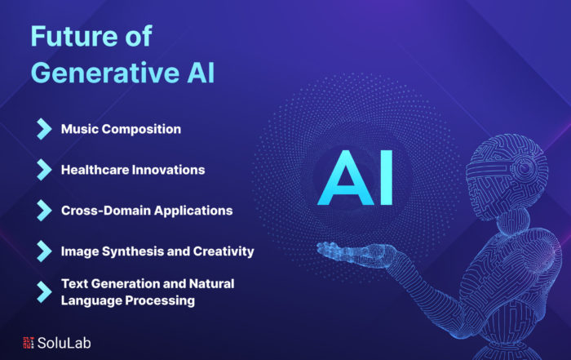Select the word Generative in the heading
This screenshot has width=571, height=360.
pos(105,73)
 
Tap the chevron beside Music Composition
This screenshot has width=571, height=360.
pos(44,129)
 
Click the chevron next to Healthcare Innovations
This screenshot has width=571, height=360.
pos(44,170)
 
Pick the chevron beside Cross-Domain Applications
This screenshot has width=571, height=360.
pos(44,211)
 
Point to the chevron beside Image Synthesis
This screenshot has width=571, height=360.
pos(44,251)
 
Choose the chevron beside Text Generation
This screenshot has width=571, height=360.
pos(44,292)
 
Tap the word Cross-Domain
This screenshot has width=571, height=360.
pos(105,211)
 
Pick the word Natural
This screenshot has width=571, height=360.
pos(211,283)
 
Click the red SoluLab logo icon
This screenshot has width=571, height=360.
pos(29,343)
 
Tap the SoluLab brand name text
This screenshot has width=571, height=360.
pos(64,343)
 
